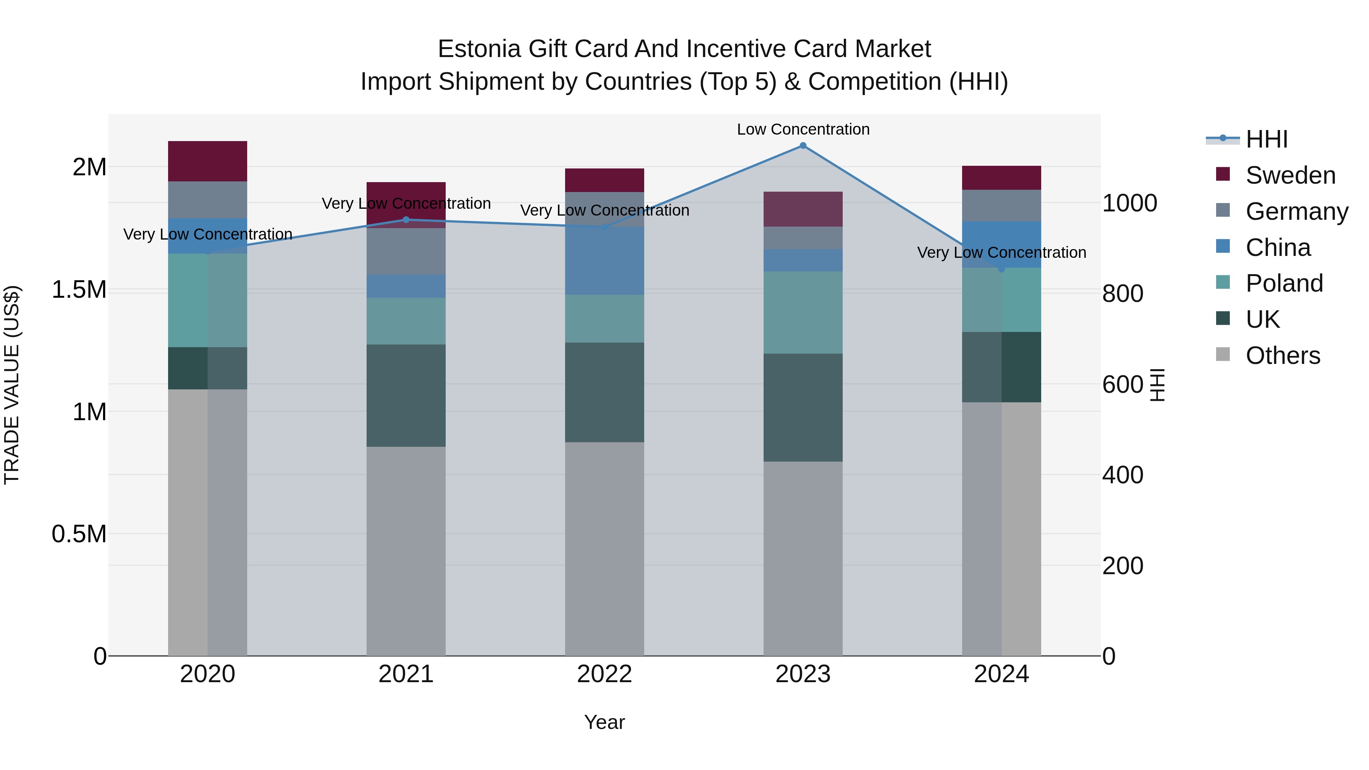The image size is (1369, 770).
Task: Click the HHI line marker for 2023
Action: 803,146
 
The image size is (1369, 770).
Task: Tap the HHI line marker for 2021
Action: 406,219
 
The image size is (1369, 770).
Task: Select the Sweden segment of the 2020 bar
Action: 207,162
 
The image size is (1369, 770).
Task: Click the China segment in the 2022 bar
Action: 604,261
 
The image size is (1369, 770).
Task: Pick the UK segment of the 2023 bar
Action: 803,408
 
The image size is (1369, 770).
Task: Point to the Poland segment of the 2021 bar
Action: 406,321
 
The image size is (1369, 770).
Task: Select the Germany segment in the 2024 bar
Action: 1001,206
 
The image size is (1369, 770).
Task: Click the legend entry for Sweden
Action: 1290,175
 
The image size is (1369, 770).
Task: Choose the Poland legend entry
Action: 1284,283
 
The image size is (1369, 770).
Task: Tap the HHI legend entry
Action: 1266,139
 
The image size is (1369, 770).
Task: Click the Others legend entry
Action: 1282,356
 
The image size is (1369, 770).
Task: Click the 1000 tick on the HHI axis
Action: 1129,203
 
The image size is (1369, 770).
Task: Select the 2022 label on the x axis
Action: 604,674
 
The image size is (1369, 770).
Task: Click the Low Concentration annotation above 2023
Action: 803,129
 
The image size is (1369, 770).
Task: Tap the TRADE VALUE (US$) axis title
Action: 12,385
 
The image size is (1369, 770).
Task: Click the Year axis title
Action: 604,722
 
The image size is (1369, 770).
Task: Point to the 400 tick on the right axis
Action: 1123,475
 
